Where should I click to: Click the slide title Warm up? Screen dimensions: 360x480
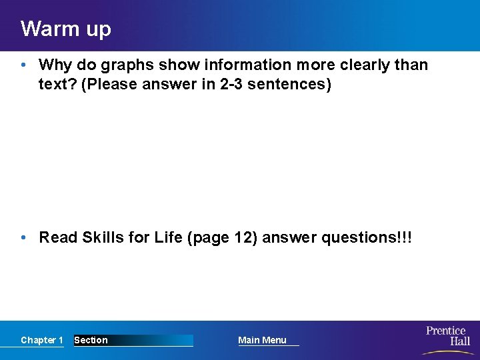(65, 29)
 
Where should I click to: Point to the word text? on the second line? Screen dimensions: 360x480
(57, 85)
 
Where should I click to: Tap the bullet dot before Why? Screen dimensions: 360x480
(23, 65)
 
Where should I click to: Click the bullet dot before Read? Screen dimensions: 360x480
(23, 237)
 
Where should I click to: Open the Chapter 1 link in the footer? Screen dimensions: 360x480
(41, 340)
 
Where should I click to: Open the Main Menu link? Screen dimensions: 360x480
(262, 340)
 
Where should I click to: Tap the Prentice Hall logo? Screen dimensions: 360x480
(447, 336)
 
